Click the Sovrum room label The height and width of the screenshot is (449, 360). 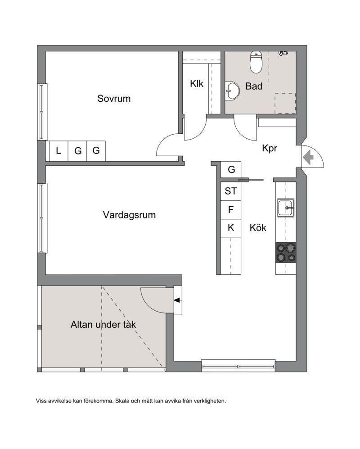click(x=114, y=99)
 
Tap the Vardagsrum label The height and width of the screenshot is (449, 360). click(x=129, y=215)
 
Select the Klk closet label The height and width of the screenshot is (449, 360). click(x=197, y=84)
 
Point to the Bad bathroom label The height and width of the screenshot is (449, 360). click(x=254, y=86)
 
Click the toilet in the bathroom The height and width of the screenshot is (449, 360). click(x=256, y=62)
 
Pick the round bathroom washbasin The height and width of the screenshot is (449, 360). click(x=232, y=91)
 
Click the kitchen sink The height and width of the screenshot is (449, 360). click(x=286, y=208)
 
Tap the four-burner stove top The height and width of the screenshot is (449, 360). click(x=286, y=253)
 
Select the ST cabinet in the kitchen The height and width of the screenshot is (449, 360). click(x=231, y=191)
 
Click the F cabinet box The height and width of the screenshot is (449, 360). click(x=231, y=210)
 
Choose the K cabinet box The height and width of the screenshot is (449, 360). click(x=231, y=228)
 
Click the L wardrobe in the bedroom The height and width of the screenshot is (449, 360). click(x=58, y=150)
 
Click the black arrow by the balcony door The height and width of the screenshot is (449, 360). click(x=177, y=300)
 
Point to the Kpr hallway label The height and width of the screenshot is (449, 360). click(x=270, y=148)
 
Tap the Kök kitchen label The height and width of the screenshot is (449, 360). click(x=258, y=228)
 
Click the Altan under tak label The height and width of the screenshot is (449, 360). click(x=103, y=325)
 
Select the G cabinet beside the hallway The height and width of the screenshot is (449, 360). click(x=231, y=169)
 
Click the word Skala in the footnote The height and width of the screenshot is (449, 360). click(x=122, y=401)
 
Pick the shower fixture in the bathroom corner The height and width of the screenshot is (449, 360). click(x=283, y=53)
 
